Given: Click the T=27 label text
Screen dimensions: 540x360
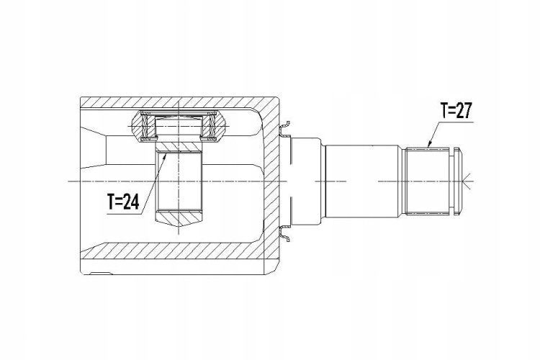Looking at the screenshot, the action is [456, 111].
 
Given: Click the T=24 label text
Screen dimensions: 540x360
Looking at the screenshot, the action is [123, 202].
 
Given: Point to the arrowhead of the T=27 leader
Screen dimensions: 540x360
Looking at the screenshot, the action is [429, 145].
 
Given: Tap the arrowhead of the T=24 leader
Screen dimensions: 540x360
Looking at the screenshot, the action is [166, 156].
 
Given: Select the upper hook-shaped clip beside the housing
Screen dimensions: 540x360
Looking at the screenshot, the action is [284, 128].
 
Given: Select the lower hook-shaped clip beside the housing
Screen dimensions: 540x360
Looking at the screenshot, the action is [284, 233].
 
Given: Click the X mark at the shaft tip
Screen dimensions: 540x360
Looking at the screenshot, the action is [467, 181].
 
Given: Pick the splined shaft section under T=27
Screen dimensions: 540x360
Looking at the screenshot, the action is [428, 181].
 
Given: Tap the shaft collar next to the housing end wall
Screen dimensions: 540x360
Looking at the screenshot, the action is [306, 181].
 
